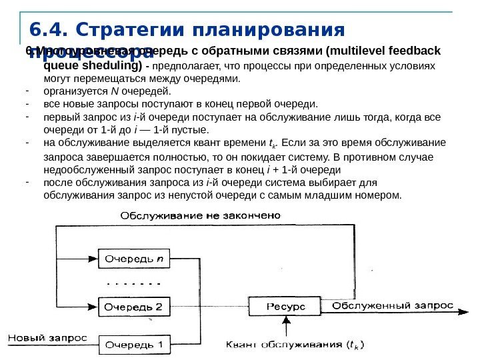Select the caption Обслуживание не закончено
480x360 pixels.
pyautogui.click(x=201, y=216)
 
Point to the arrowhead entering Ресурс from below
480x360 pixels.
pyautogui.click(x=286, y=321)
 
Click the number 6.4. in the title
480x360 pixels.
pyautogui.click(x=48, y=31)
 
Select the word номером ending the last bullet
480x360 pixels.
pyautogui.click(x=380, y=195)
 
